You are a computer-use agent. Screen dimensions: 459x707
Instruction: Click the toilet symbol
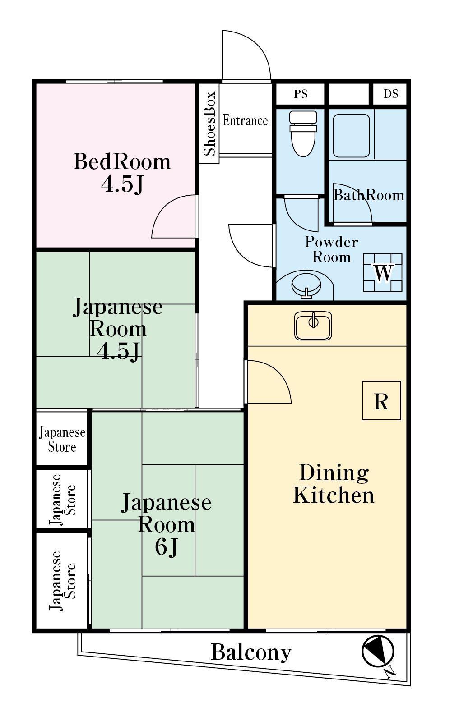(x=303, y=133)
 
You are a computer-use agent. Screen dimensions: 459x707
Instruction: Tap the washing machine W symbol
(x=383, y=272)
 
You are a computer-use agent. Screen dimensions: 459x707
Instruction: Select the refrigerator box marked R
(x=381, y=400)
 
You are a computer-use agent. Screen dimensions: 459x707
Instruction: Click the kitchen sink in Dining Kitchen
(x=313, y=326)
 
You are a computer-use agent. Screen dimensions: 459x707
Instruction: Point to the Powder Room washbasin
(x=306, y=286)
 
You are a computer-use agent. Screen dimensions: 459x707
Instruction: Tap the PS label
(x=301, y=94)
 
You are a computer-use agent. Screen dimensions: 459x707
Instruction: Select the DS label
(x=391, y=94)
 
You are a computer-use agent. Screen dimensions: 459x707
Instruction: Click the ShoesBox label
(x=209, y=124)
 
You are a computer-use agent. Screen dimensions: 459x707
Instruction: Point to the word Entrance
(x=245, y=120)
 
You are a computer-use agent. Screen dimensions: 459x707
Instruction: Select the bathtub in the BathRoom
(x=351, y=136)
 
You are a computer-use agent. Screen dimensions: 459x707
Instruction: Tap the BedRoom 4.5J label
(x=122, y=173)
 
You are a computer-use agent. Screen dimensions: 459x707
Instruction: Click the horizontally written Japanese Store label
(x=62, y=439)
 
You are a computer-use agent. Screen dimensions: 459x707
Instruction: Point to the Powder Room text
(x=331, y=250)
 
